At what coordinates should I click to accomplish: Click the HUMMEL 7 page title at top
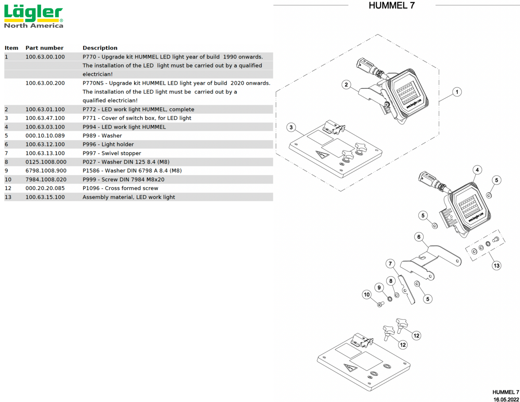tap(391, 5)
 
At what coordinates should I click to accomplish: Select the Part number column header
tap(44, 48)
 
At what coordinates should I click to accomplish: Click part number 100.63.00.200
tap(45, 83)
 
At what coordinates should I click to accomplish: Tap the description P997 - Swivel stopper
tap(112, 153)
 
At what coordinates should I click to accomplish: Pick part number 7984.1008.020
tap(46, 179)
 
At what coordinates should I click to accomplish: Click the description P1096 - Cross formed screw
tap(120, 188)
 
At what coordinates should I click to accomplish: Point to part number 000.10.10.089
tap(45, 135)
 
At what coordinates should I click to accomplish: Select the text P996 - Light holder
tap(108, 144)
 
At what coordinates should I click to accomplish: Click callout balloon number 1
tap(457, 92)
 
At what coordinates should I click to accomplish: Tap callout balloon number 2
tap(346, 85)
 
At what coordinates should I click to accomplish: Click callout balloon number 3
tap(291, 127)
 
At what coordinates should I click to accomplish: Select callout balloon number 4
tap(477, 170)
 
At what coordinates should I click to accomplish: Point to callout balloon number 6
tap(419, 237)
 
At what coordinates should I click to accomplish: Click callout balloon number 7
tap(390, 263)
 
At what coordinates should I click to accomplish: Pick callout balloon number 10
tap(367, 295)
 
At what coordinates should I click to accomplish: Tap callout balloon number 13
tap(496, 266)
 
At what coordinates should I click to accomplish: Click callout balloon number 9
tap(379, 288)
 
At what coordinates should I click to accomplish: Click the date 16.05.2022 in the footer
tap(506, 399)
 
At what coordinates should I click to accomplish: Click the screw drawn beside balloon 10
tap(381, 304)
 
